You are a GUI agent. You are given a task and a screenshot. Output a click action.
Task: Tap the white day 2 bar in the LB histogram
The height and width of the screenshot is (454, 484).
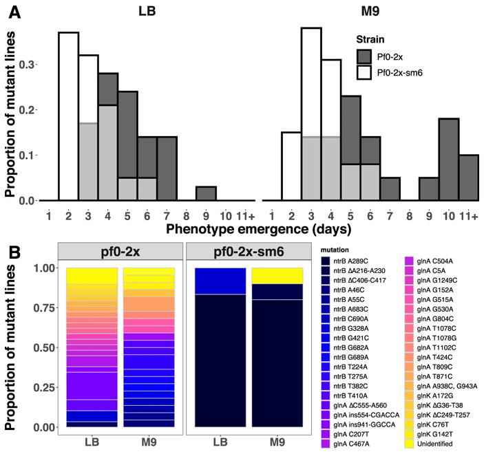[x=68, y=117]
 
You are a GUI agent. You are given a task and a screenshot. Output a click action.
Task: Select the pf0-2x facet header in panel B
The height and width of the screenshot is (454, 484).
[x=121, y=251]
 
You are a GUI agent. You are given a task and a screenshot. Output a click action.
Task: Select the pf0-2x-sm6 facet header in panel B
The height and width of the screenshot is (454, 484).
[x=245, y=251]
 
